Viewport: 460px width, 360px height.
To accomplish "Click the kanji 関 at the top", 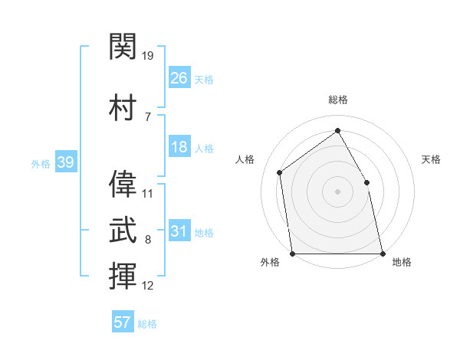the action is (x=123, y=46).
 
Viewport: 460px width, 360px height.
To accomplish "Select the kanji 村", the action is (x=123, y=107).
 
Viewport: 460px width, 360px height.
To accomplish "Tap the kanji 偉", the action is (x=123, y=184).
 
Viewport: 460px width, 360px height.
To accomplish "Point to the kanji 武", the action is (x=123, y=230).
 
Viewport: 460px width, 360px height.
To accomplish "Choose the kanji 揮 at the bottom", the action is (x=123, y=276).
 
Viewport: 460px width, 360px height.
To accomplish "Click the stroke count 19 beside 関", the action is (x=147, y=56).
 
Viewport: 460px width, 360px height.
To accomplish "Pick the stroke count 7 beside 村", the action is (x=148, y=117).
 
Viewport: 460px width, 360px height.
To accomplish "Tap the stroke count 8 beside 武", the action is (x=148, y=240).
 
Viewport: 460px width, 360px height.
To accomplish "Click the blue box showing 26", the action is (x=179, y=77).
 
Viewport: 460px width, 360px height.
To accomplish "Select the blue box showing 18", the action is (x=179, y=146).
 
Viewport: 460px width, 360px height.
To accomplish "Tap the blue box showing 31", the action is (x=179, y=230).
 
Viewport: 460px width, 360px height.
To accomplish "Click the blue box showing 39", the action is (x=66, y=162).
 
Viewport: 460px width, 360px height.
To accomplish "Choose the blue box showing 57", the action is (x=123, y=321).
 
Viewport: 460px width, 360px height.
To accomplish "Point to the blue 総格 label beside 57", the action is (x=147, y=324).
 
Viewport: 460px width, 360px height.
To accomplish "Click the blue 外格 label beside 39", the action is (x=41, y=164).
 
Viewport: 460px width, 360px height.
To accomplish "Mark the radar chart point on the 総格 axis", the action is (x=337, y=130).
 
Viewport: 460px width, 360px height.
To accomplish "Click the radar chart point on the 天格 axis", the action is (x=366, y=182).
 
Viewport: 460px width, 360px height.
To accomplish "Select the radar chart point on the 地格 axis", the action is (x=383, y=254).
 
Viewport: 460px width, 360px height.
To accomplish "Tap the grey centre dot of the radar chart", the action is (x=337, y=191).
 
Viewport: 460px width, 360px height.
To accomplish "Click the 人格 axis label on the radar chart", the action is (x=245, y=159).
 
